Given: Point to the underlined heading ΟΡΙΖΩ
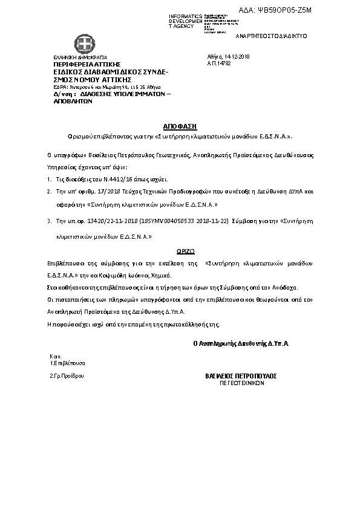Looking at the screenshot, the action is pyautogui.click(x=180, y=249).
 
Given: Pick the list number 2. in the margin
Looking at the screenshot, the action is pyautogui.click(x=48, y=190).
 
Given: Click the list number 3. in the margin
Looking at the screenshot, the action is pyautogui.click(x=48, y=222).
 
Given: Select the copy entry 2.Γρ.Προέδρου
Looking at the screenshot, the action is pyautogui.click(x=66, y=376).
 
